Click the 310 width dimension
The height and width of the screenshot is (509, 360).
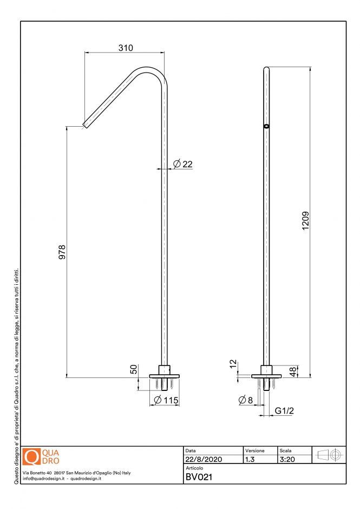tap(126, 48)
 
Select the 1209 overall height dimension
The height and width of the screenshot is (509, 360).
tap(306, 221)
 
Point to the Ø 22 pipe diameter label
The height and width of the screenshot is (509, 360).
tap(183, 164)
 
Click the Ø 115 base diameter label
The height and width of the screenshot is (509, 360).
tap(166, 400)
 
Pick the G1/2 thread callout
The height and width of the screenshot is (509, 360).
tap(284, 411)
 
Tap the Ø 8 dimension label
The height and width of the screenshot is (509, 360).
tap(245, 400)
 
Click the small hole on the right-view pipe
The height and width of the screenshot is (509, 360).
tap(266, 126)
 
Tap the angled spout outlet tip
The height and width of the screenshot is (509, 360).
tap(85, 126)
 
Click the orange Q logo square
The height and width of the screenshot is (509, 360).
tap(32, 457)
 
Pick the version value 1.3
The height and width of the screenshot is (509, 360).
tap(251, 459)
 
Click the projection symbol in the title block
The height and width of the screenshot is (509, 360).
tap(329, 455)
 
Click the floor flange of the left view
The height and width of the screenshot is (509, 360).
tap(163, 375)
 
